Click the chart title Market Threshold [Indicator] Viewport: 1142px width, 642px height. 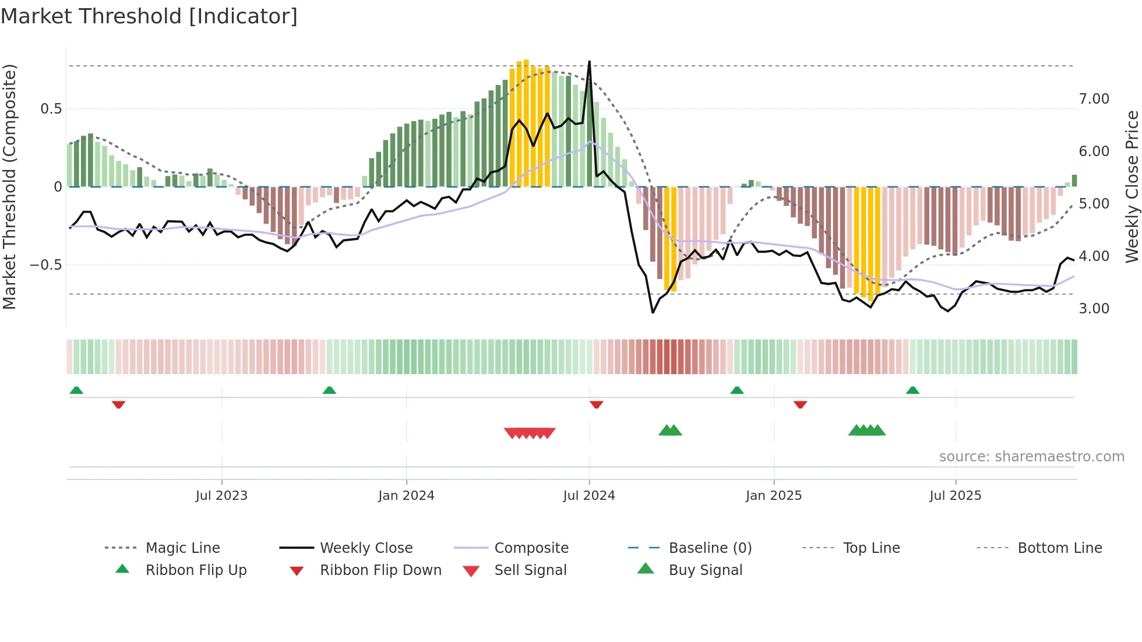click(149, 16)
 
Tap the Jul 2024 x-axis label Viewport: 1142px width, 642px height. click(588, 495)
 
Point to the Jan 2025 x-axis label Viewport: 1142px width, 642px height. click(773, 495)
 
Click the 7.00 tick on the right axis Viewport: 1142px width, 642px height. click(1094, 99)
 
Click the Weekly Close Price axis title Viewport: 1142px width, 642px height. click(1132, 186)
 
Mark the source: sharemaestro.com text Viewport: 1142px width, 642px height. click(1031, 456)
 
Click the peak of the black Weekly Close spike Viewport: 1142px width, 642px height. click(589, 62)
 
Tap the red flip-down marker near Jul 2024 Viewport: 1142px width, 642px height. click(596, 404)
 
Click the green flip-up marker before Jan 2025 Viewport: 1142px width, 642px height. click(736, 390)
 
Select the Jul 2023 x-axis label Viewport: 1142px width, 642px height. click(221, 495)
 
